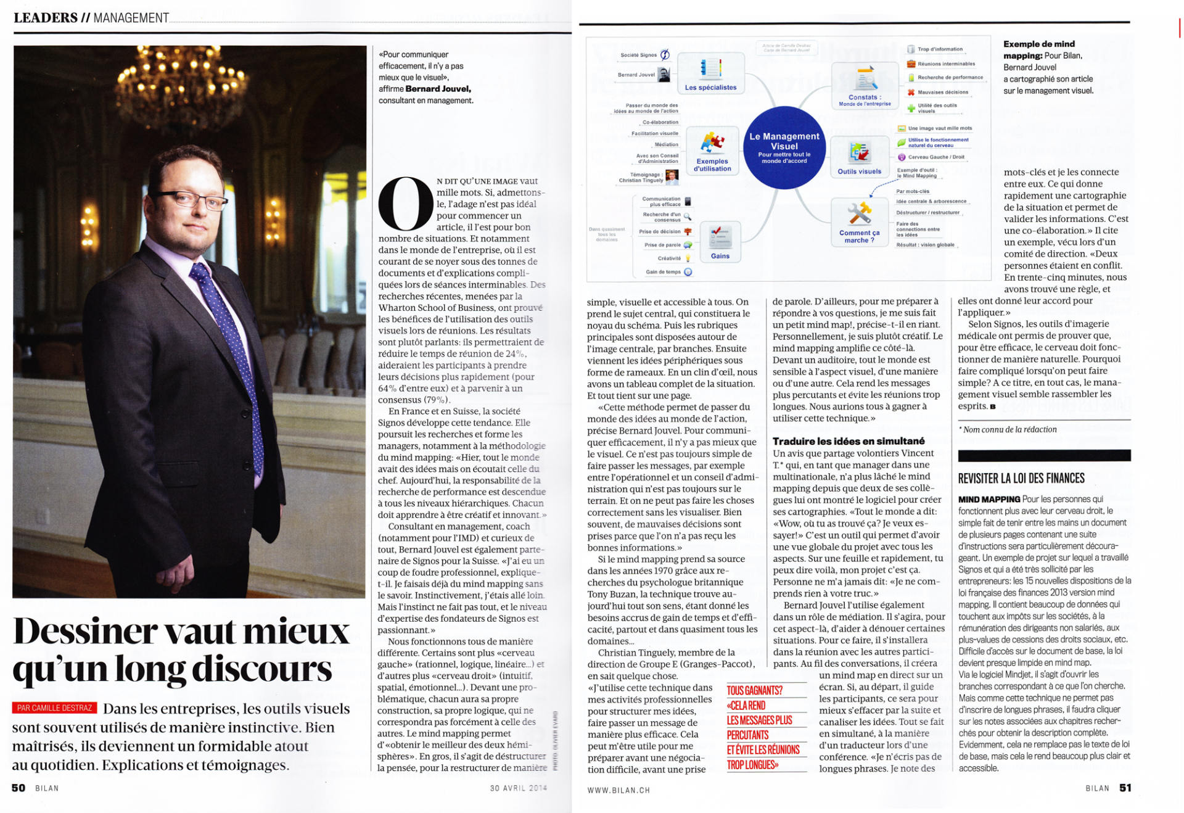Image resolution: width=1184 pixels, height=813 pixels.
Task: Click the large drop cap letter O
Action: (405, 204)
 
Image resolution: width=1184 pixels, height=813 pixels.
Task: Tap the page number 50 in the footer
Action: (18, 788)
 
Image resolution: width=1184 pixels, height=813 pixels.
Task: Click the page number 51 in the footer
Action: (1125, 788)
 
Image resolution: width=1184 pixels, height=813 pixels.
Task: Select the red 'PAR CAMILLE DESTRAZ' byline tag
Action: (55, 708)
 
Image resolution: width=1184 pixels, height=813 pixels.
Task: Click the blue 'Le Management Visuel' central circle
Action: (784, 147)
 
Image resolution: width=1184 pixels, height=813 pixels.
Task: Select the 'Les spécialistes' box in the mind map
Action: (710, 73)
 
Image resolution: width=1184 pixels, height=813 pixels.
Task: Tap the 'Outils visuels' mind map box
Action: (859, 157)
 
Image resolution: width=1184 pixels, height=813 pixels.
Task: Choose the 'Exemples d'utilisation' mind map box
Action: (712, 151)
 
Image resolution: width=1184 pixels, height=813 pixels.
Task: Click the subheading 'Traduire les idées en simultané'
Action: (849, 441)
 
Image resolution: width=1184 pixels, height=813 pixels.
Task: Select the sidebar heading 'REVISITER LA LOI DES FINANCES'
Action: (1021, 478)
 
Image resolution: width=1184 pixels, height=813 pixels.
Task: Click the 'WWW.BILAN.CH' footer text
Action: (619, 790)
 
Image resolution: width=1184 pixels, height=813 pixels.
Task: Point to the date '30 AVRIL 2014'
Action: (519, 788)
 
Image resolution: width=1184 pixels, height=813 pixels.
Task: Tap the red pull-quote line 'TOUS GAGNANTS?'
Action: (754, 690)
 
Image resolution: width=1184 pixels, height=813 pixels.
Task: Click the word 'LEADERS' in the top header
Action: (46, 18)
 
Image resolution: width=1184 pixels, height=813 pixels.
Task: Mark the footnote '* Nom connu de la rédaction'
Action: (1007, 429)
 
